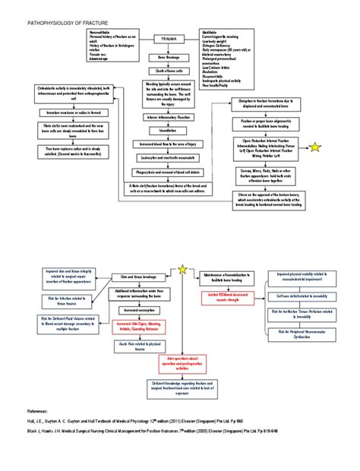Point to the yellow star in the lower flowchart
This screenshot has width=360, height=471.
[x=182, y=269]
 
